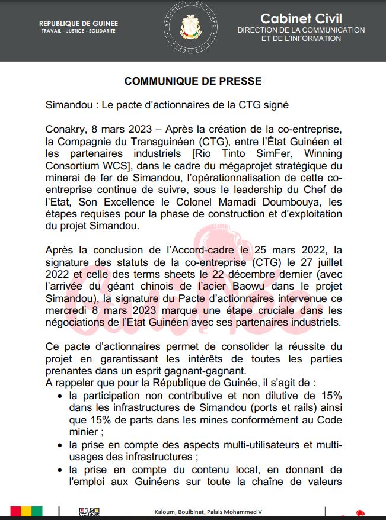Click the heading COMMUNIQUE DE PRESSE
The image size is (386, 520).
click(x=193, y=81)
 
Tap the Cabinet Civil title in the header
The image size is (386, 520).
click(x=301, y=18)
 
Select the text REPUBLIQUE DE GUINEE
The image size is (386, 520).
click(x=78, y=24)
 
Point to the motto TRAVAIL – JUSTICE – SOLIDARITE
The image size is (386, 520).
click(x=78, y=30)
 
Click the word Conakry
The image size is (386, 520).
click(x=65, y=129)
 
